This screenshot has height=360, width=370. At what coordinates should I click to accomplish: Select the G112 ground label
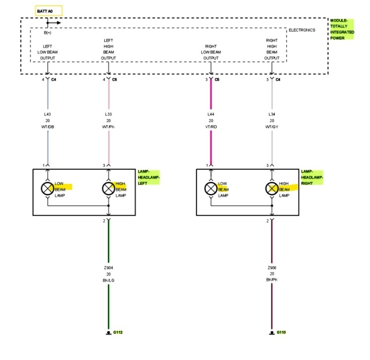pos(117,332)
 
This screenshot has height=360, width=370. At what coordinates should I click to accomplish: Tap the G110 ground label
pos(281,332)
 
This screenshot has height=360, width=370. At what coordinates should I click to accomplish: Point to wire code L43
pos(47,114)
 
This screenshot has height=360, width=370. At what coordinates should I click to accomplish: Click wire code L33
pos(108,114)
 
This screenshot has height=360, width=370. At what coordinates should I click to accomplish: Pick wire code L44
pos(211,114)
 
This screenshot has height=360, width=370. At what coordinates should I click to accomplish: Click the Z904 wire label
pos(108,268)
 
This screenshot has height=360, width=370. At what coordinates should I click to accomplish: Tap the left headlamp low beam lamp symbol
pos(47,188)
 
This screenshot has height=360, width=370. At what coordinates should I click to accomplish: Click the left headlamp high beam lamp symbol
pos(108,188)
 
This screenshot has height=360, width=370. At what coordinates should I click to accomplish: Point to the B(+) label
pos(48,33)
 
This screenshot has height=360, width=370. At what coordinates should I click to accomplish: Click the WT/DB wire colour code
pos(47,127)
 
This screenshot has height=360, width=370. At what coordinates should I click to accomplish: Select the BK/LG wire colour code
pos(108,280)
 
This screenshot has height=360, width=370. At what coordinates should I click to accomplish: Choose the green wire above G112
pos(108,307)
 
